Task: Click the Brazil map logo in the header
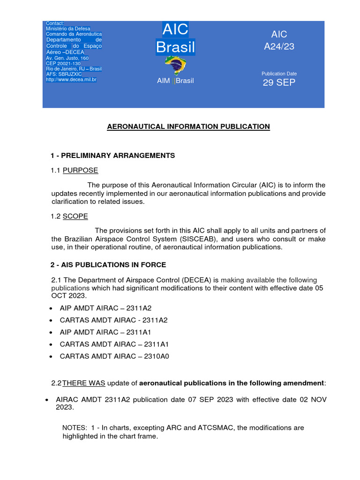pyautogui.click(x=175, y=66)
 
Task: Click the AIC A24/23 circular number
pyautogui.click(x=279, y=41)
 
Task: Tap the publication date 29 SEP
pyautogui.click(x=279, y=83)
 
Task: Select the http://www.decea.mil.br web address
pyautogui.click(x=71, y=80)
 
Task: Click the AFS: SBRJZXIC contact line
pyautogui.click(x=65, y=75)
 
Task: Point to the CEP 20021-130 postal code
pyautogui.click(x=63, y=63)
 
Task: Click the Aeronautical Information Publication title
pyautogui.click(x=189, y=127)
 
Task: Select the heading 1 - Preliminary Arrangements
pyautogui.click(x=112, y=156)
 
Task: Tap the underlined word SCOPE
pyautogui.click(x=75, y=216)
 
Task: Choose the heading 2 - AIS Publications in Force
pyautogui.click(x=108, y=265)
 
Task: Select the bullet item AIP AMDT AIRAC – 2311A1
pyautogui.click(x=106, y=332)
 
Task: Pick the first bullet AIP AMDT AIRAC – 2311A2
pyautogui.click(x=106, y=308)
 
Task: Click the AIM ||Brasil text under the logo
pyautogui.click(x=175, y=81)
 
